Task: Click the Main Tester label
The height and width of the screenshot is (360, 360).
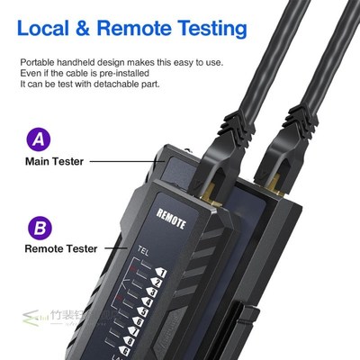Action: tap(54, 163)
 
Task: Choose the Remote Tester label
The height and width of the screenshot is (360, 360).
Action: tap(59, 247)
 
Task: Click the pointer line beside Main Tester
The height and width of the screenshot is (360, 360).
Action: tap(122, 163)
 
